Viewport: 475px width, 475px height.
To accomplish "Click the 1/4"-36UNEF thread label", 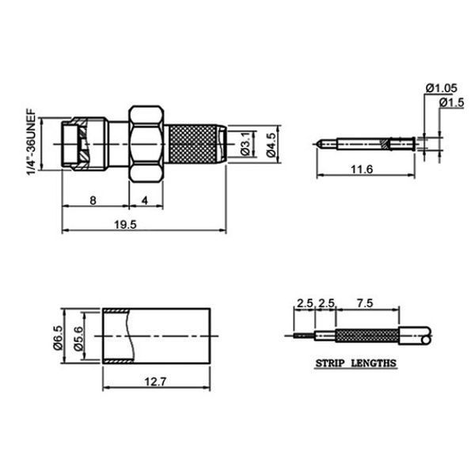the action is click(x=32, y=142).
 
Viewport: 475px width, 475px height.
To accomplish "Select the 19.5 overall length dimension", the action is click(x=125, y=225).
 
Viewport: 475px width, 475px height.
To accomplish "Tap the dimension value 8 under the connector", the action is click(x=93, y=200).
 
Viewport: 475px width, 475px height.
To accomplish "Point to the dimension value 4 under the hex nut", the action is click(x=146, y=200).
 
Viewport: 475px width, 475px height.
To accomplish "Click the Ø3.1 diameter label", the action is click(x=246, y=144).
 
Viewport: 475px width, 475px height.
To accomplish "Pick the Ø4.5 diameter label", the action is click(x=271, y=145).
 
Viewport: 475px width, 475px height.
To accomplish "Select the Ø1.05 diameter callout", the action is click(x=442, y=88).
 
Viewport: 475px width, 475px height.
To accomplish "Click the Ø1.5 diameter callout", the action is click(x=452, y=103).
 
